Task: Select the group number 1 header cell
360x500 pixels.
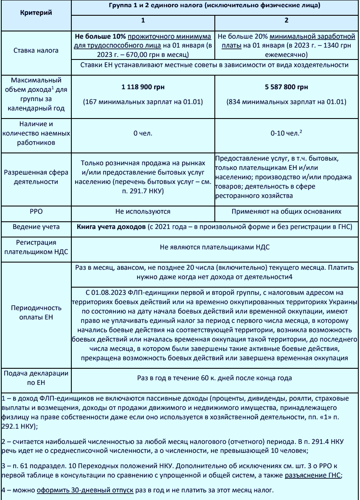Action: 143,20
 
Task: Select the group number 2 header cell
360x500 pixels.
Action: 286,20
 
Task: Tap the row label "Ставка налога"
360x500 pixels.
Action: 36,50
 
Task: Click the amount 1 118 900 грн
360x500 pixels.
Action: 143,87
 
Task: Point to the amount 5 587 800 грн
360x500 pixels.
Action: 287,87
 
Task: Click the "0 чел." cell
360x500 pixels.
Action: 143,133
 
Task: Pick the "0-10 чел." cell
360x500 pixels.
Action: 286,133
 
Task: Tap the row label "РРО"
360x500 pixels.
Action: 36,211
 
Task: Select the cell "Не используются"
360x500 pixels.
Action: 143,211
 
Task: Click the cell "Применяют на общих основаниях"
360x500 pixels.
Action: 287,211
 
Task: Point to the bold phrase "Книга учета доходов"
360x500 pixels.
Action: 111,227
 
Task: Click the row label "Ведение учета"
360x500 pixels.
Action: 36,227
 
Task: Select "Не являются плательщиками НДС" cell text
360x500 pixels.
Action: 215,246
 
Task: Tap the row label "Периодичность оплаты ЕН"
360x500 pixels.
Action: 36,312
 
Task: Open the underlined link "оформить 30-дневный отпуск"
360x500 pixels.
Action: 85,491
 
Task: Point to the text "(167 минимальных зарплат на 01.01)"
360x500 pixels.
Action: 143,102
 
